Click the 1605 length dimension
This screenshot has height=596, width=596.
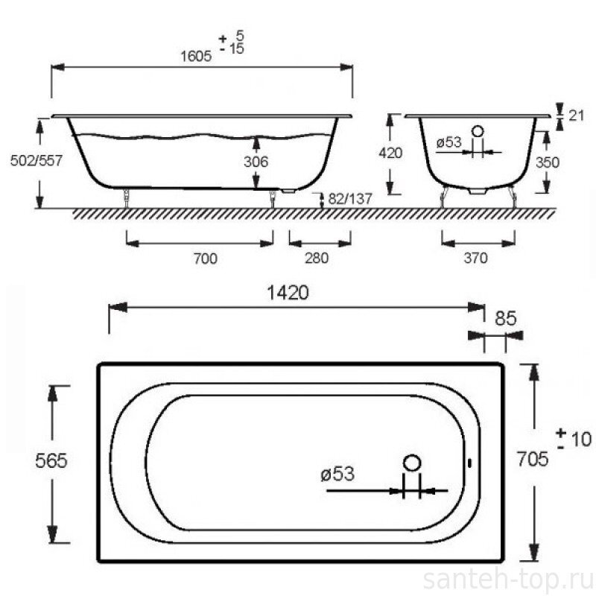coord(196,57)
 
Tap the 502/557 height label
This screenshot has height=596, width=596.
coord(36,160)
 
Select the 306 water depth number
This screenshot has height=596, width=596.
coord(256,162)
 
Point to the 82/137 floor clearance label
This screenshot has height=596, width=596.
coord(349,198)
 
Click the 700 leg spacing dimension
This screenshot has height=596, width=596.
coord(206,259)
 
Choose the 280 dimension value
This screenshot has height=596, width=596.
coord(316,258)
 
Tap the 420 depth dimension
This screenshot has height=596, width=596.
coord(390,153)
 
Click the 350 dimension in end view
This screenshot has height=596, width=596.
coord(548,162)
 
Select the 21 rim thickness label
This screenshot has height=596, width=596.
coord(576,115)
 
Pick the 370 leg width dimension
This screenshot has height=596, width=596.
coord(475,258)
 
